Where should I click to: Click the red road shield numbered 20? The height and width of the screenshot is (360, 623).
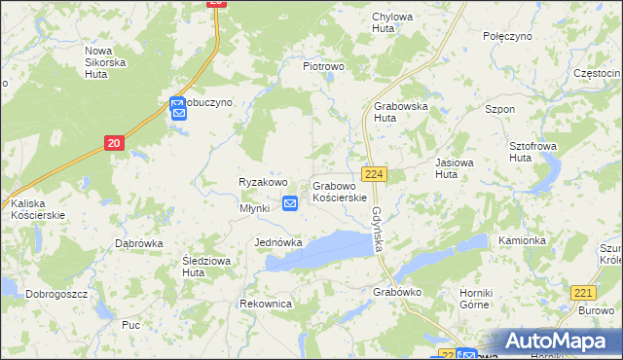tap(114, 143)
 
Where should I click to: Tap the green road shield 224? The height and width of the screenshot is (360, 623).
tap(375, 173)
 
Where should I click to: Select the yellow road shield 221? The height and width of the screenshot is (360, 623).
tap(583, 292)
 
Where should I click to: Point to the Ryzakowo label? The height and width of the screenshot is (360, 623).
tap(263, 182)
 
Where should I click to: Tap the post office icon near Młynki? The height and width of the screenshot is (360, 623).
tap(290, 202)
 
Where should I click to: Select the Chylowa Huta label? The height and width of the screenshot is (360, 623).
tap(392, 22)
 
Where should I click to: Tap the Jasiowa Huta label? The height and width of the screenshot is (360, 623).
tap(459, 168)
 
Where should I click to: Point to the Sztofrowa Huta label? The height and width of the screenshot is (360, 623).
tap(534, 151)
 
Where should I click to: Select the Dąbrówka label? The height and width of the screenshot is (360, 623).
tap(137, 243)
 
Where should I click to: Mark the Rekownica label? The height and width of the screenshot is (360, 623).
tap(266, 304)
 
